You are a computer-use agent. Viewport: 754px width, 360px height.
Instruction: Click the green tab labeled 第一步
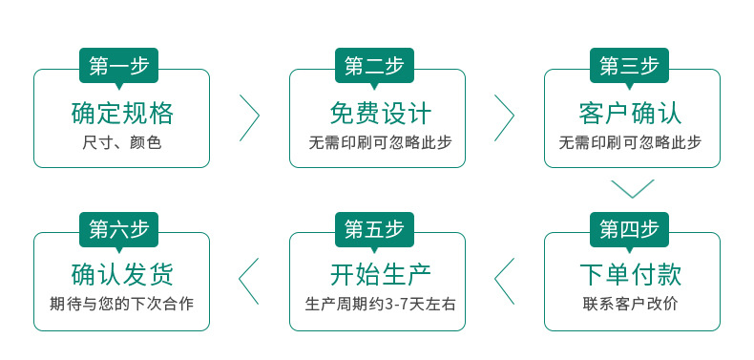pos(118,66)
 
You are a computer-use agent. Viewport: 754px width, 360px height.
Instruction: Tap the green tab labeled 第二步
pos(374,66)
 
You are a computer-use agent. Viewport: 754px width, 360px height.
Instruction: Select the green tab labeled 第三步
pos(629,66)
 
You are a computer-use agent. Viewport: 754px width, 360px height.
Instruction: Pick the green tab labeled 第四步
pos(629,230)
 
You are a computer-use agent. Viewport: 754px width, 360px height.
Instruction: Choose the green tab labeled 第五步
pos(374,230)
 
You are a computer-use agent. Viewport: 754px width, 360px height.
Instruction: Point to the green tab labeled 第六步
pos(118,230)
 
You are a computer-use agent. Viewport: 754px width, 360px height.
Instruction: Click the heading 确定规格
pos(122,113)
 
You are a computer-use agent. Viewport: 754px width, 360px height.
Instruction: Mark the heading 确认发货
pos(122,276)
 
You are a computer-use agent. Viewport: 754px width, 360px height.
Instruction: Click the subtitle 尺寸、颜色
pos(122,143)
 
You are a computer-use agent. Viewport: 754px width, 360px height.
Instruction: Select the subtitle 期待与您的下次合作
pos(122,306)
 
